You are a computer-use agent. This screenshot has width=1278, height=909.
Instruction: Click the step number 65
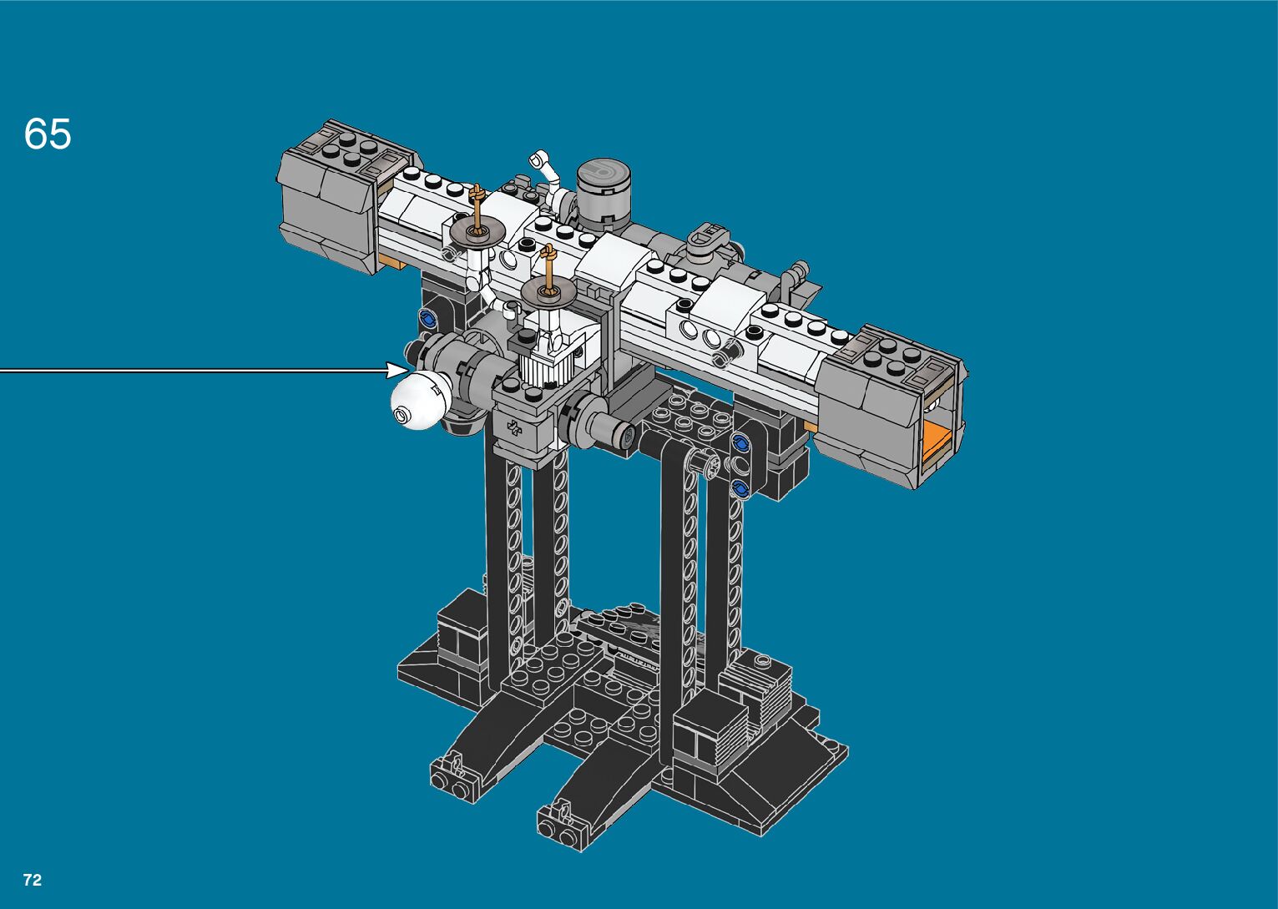click(48, 134)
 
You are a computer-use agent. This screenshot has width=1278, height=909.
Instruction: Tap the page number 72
click(33, 880)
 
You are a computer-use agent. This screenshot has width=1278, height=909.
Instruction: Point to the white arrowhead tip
click(408, 371)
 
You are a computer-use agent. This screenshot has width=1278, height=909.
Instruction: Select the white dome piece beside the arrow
click(421, 400)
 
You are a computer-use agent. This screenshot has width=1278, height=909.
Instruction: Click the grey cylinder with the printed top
click(604, 191)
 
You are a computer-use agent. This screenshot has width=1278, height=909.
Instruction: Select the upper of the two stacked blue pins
click(740, 442)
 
